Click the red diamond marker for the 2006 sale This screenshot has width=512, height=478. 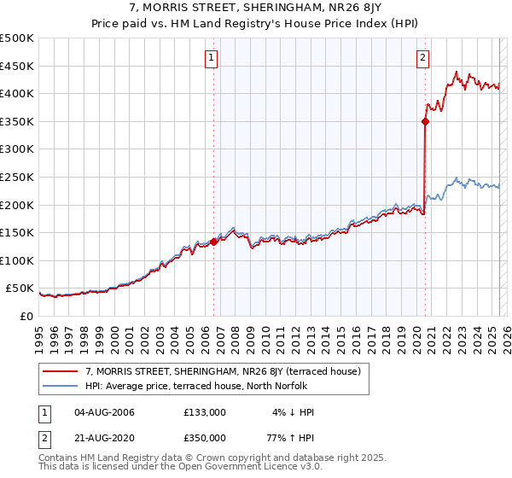pyautogui.click(x=213, y=242)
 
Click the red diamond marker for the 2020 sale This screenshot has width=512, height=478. pyautogui.click(x=425, y=121)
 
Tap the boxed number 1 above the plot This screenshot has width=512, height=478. pyautogui.click(x=211, y=58)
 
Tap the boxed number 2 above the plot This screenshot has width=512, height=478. pyautogui.click(x=422, y=58)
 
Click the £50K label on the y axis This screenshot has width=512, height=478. pyautogui.click(x=20, y=289)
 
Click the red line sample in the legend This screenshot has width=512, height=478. pyautogui.click(x=60, y=371)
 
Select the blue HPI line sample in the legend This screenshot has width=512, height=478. pyautogui.click(x=60, y=385)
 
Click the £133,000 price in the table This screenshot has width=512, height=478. pyautogui.click(x=205, y=412)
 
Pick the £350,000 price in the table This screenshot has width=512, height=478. pyautogui.click(x=205, y=437)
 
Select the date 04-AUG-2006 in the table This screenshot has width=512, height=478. pyautogui.click(x=105, y=412)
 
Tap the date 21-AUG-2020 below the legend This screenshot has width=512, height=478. pyautogui.click(x=105, y=437)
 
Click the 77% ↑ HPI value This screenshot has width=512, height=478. pyautogui.click(x=294, y=437)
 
